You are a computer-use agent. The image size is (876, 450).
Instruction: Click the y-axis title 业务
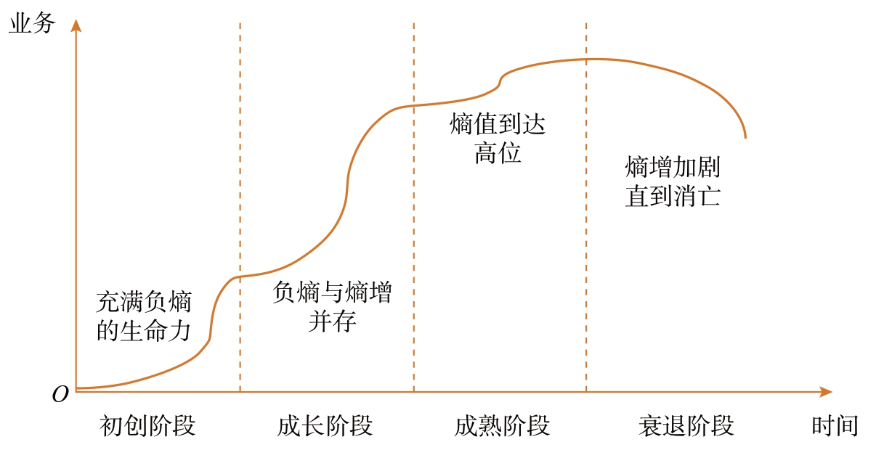(x=31, y=23)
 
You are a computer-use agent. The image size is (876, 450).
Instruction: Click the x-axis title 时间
(x=835, y=425)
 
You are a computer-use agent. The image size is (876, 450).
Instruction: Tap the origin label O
(x=61, y=394)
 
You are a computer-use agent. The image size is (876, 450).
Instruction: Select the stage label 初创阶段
(x=147, y=425)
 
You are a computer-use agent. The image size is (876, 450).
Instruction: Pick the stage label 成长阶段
(x=325, y=425)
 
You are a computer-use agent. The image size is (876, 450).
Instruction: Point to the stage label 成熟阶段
(x=502, y=425)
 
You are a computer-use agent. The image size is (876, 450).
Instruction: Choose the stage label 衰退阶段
(x=686, y=425)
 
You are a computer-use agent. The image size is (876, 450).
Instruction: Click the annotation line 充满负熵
(x=144, y=302)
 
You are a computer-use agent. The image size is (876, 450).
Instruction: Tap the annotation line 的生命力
(x=144, y=330)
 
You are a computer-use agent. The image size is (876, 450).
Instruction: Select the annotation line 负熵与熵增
(x=331, y=292)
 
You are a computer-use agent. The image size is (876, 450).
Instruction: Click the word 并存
(x=331, y=321)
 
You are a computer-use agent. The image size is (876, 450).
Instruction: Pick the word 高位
(x=498, y=153)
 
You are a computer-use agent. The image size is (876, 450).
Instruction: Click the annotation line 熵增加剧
(x=673, y=168)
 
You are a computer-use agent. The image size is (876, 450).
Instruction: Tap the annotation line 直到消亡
(x=673, y=197)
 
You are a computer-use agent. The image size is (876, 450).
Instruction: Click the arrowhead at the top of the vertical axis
(x=76, y=25)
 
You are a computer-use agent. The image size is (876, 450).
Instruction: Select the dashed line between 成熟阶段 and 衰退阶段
(x=586, y=218)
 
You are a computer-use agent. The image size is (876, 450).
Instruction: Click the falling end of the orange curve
(x=745, y=135)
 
